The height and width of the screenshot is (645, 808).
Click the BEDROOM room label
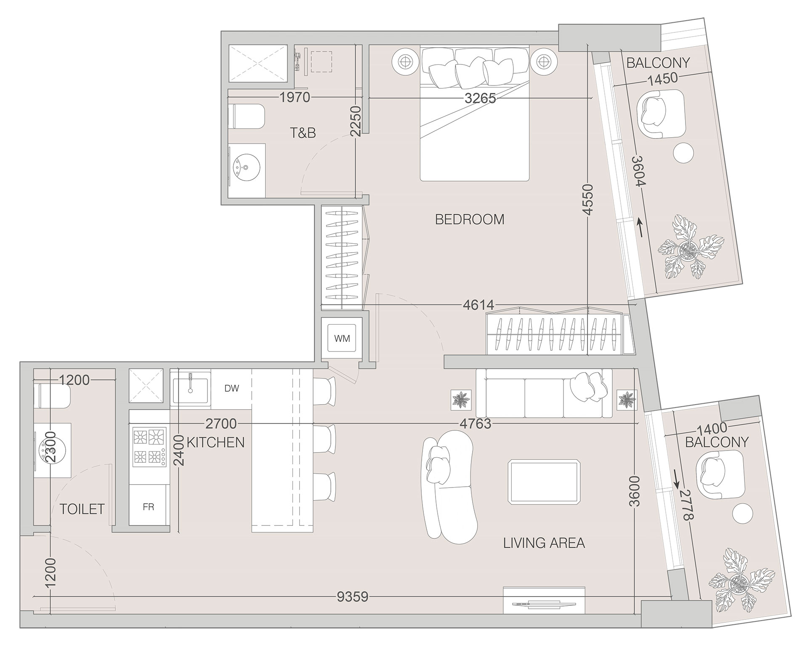(x=470, y=219)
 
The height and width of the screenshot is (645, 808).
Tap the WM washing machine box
(x=342, y=338)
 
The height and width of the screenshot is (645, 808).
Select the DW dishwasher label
(x=231, y=388)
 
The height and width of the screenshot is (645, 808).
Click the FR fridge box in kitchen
(x=149, y=507)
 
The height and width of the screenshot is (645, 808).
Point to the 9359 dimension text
(x=353, y=597)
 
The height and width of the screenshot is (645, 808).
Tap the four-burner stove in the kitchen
(x=149, y=447)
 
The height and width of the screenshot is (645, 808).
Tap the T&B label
(x=303, y=133)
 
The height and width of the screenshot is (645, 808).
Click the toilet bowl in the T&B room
(x=247, y=117)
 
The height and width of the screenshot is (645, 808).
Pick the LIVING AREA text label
(x=544, y=543)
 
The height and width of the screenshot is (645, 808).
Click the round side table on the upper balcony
(x=683, y=153)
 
